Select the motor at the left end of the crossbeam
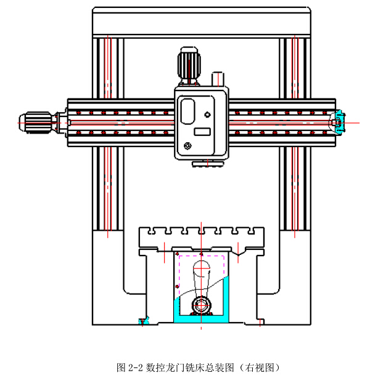click(x=39, y=121)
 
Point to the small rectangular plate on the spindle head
click(x=202, y=131)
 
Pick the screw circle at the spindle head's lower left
click(x=187, y=146)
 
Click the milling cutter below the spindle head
click(x=202, y=163)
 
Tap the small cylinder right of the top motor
click(x=217, y=79)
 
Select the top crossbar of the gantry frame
click(x=201, y=22)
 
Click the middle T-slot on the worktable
click(x=202, y=233)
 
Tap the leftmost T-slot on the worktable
click(x=151, y=233)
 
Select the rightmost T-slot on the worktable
click(x=252, y=233)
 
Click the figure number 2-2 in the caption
click(x=136, y=368)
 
